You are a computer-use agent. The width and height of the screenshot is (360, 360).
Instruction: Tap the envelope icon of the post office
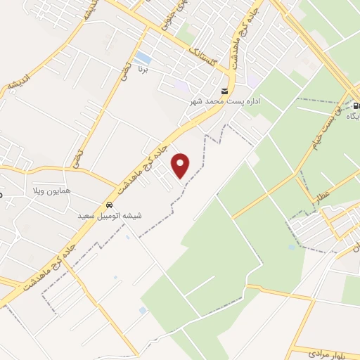(224, 91)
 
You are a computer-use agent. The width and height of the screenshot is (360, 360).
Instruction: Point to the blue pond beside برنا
(143, 57)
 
